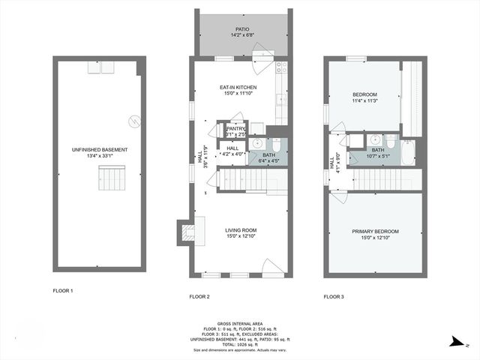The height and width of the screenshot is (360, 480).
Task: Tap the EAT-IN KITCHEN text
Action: click(x=239, y=88)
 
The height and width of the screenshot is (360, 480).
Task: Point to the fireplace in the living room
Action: click(x=184, y=232)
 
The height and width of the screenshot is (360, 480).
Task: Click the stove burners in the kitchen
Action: click(x=281, y=68)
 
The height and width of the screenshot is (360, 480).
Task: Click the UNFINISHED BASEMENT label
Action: click(x=99, y=150)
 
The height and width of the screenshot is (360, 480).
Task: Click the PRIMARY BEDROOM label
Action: click(x=375, y=231)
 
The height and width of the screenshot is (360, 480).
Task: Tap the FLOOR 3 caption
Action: click(x=334, y=297)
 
